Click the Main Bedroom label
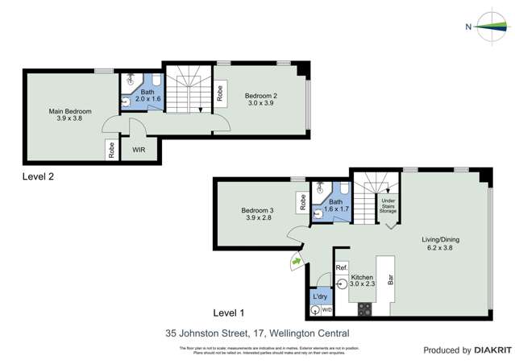(69, 114)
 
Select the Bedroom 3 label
(257, 213)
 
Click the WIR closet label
(139, 149)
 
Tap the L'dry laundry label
(319, 296)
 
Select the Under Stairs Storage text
(388, 205)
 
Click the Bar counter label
(390, 282)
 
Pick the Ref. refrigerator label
(341, 267)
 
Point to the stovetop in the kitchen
(363, 308)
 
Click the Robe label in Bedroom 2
(220, 93)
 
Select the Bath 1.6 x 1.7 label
(335, 206)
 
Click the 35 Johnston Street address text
(257, 332)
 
